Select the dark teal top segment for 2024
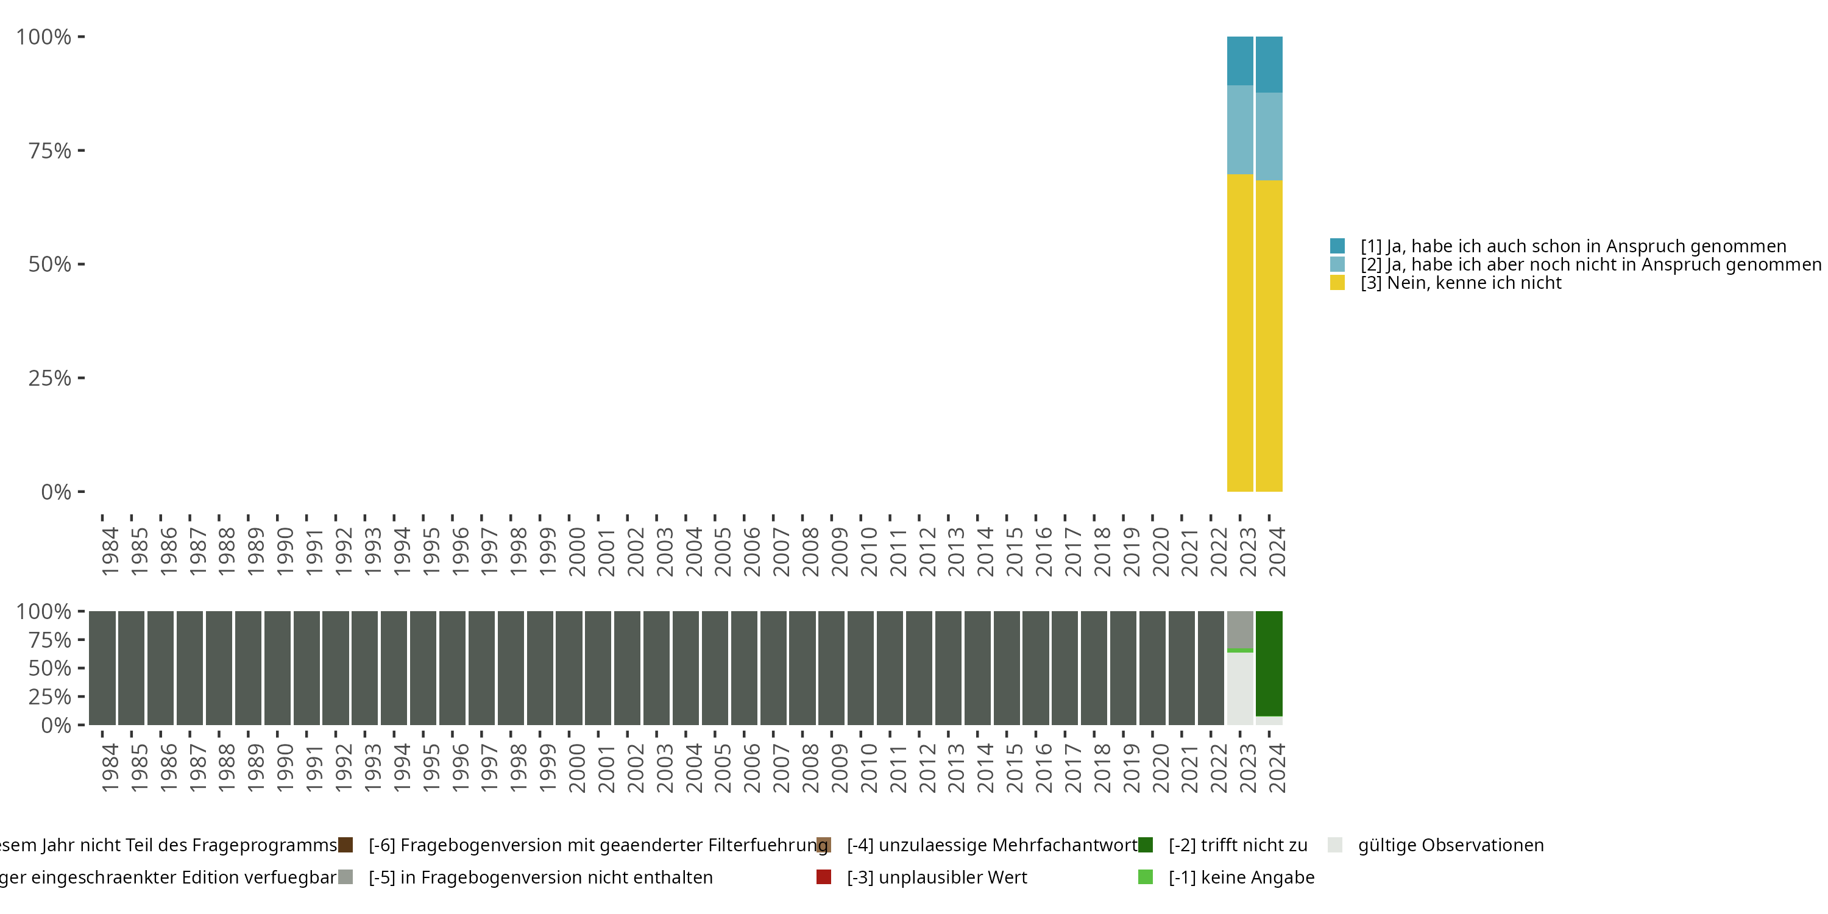(1269, 64)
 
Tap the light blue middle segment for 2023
(1240, 129)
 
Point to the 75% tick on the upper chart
(81, 151)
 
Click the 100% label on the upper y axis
(43, 37)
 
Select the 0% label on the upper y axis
(55, 492)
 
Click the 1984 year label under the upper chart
(110, 551)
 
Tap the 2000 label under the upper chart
(576, 551)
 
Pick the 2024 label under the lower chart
(1277, 768)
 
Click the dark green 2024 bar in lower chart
(1269, 663)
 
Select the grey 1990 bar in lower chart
(277, 667)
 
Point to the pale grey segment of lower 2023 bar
(1240, 689)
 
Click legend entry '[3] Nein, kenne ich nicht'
(1461, 283)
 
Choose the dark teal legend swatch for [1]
(1337, 246)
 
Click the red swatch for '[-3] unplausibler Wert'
(824, 877)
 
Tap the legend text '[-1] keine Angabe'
(1241, 877)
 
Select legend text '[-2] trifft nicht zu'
(1238, 845)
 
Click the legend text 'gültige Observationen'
(1450, 845)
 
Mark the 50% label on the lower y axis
(50, 668)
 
